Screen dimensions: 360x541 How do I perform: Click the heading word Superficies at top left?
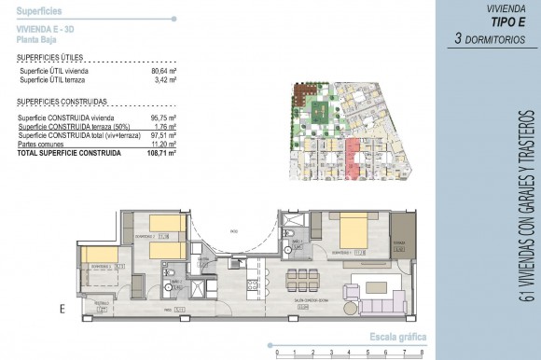[39, 8]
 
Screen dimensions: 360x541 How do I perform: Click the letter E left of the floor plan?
[62, 307]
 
